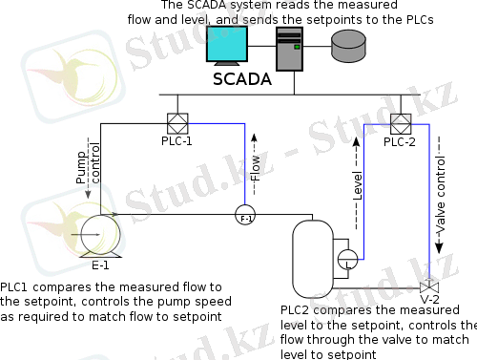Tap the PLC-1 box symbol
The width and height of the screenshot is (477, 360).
[176, 123]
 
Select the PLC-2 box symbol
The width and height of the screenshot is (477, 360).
[399, 123]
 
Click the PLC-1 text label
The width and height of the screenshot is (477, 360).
[176, 141]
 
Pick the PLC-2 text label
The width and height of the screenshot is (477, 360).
[399, 142]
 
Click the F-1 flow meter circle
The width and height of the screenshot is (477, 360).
[245, 216]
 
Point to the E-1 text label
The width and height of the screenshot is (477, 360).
[100, 265]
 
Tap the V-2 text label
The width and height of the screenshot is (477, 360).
[430, 300]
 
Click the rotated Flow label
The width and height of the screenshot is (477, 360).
[255, 168]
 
